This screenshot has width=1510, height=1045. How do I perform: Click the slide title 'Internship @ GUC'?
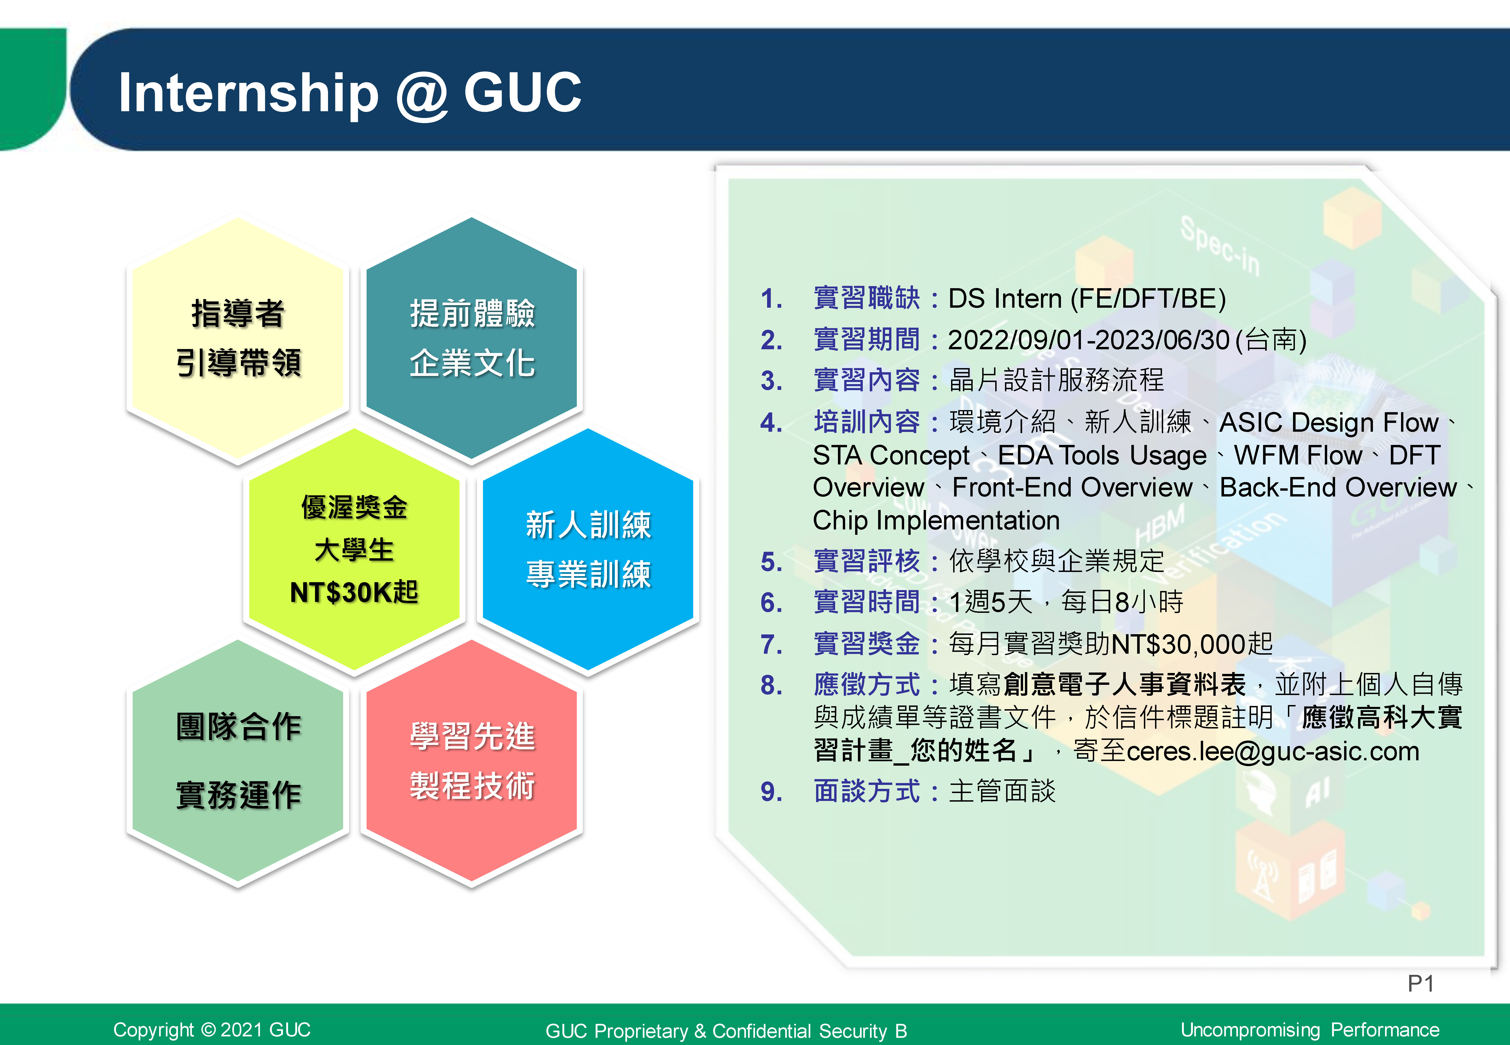click(x=350, y=93)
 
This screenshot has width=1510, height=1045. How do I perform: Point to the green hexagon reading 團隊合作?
click(x=238, y=761)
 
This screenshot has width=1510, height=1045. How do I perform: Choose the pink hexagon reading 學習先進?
click(x=471, y=761)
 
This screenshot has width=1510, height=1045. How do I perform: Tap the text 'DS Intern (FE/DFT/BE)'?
click(x=1087, y=299)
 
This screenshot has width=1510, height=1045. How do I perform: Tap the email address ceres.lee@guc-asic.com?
click(x=1273, y=751)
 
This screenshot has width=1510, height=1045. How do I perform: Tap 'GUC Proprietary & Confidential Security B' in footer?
click(x=726, y=1031)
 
